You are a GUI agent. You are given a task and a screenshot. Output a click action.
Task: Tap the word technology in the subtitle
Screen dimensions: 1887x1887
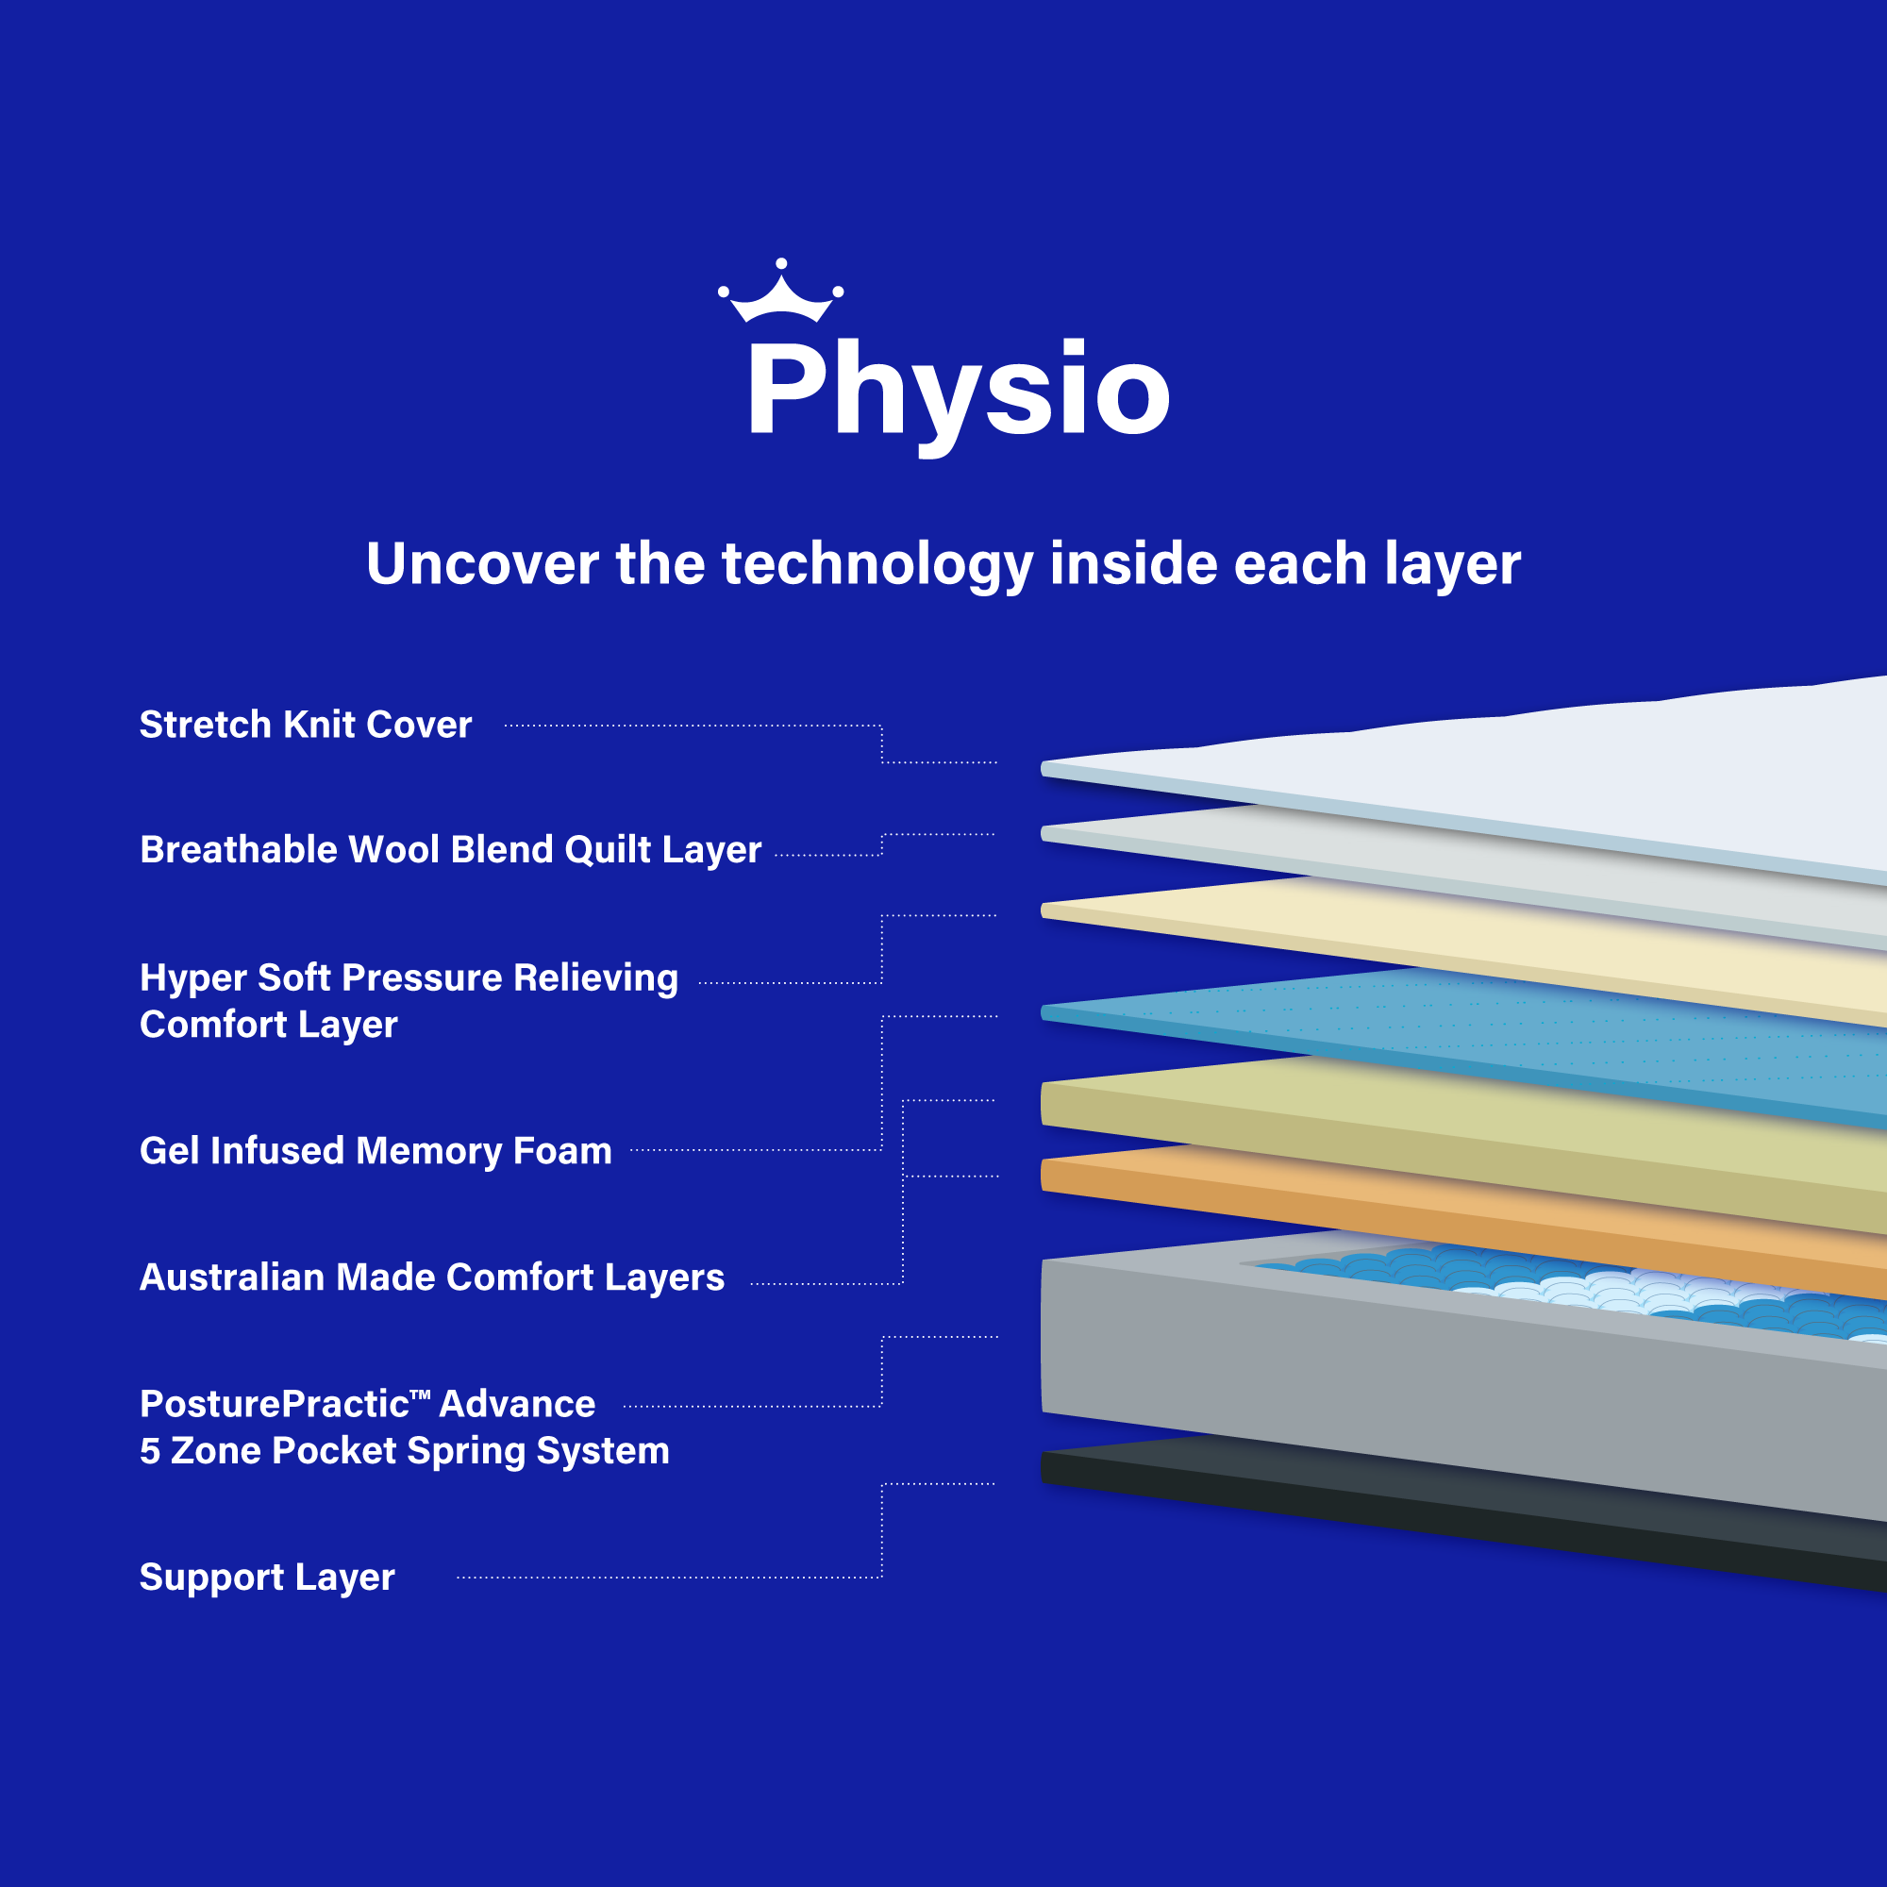tap(877, 565)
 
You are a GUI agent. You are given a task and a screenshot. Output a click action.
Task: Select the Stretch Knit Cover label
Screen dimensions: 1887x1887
tap(306, 725)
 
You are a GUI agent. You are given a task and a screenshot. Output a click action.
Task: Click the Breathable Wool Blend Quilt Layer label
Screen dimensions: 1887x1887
tap(450, 850)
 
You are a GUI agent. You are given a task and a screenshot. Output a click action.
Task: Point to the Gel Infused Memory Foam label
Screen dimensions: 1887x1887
tap(376, 1150)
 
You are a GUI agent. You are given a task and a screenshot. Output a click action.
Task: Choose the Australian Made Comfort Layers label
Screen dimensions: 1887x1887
tap(432, 1277)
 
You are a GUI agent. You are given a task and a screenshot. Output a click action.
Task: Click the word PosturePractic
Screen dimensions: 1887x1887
tap(275, 1404)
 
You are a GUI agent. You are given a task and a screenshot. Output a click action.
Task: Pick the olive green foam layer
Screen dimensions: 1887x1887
tap(1465, 1133)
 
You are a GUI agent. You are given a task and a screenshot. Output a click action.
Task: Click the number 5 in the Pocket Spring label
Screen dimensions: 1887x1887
tap(149, 1451)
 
